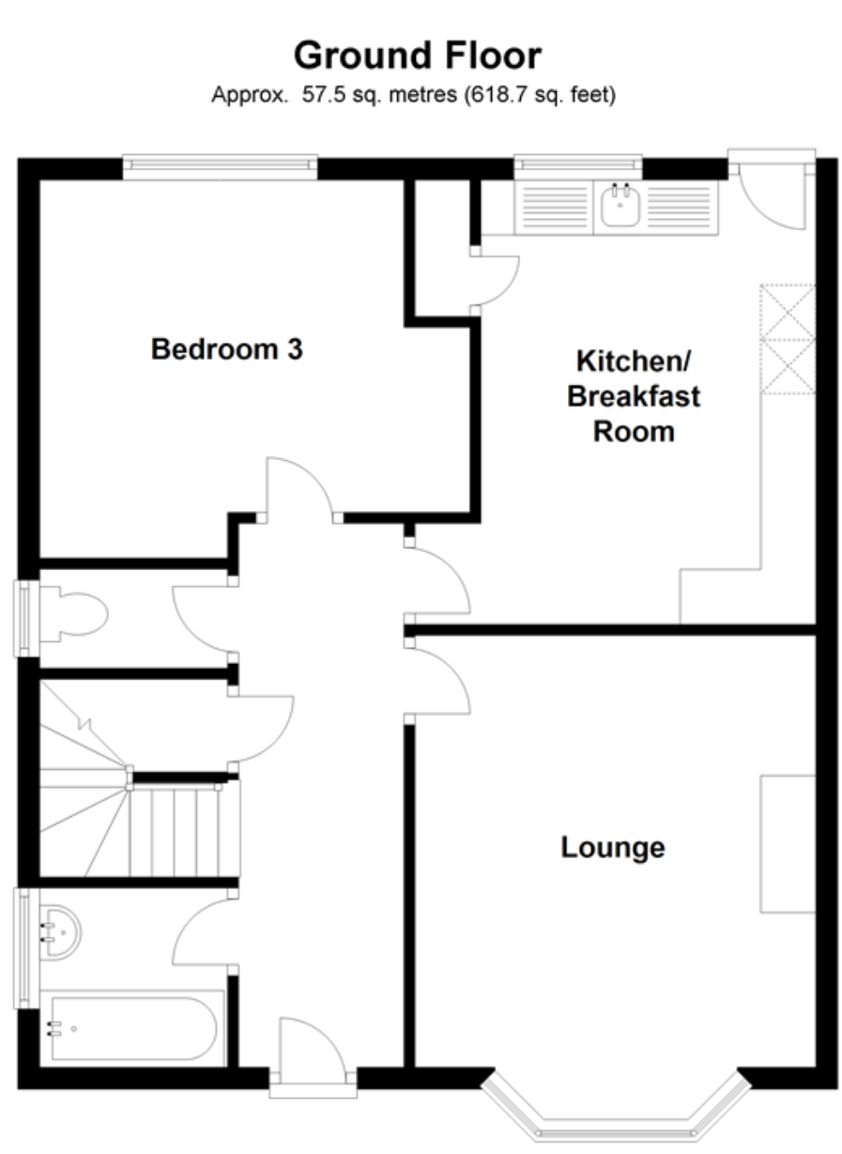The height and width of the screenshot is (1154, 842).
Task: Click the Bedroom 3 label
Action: (226, 348)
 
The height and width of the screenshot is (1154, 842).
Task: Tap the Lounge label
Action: (612, 848)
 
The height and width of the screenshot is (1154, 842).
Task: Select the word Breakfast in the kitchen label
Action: (634, 396)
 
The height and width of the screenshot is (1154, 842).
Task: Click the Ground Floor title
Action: (417, 55)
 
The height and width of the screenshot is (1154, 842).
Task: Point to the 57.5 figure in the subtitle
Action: (324, 94)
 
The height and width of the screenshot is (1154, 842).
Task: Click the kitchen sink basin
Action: (620, 205)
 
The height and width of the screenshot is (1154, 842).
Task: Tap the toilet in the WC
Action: (73, 614)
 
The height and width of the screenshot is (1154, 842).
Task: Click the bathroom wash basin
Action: (60, 933)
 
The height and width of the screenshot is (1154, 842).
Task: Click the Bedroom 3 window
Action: (220, 166)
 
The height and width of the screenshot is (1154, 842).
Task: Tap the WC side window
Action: (25, 618)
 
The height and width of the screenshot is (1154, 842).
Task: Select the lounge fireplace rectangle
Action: (788, 844)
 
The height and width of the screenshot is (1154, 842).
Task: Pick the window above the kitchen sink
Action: (578, 166)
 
